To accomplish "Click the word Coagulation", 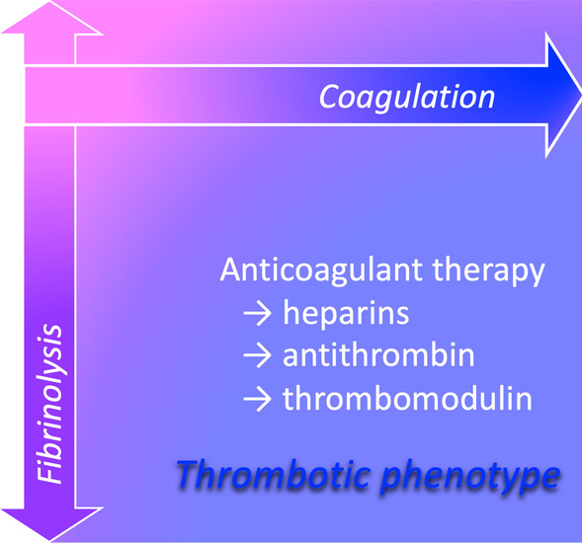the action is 407,97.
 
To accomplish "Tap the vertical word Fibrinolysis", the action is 50,404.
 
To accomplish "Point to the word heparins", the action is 346,313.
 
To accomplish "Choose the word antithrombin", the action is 378,355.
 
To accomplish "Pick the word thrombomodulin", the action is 407,398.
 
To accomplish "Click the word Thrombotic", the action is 273,475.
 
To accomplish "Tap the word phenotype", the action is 470,478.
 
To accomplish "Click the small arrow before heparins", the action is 258,314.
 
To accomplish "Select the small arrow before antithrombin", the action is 258,355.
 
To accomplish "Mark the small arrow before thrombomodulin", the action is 258,399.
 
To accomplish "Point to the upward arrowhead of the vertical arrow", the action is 51,18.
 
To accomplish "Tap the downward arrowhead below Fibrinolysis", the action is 51,523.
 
